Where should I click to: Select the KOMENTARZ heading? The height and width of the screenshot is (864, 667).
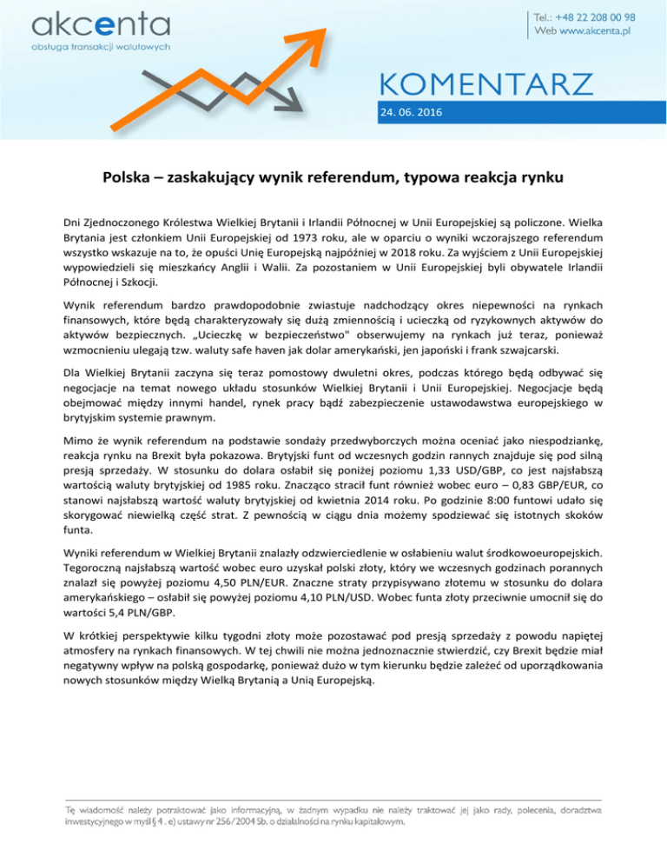point(485,85)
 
